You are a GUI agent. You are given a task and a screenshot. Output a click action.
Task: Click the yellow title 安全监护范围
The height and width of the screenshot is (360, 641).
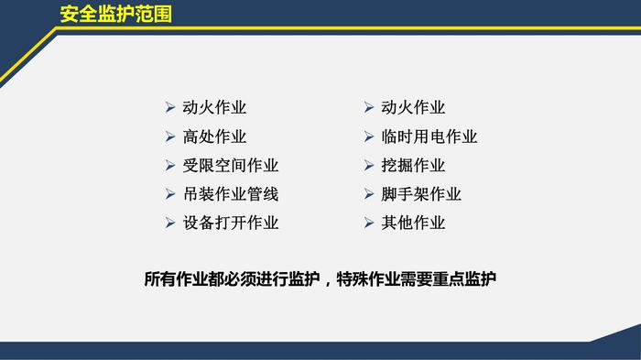point(115,14)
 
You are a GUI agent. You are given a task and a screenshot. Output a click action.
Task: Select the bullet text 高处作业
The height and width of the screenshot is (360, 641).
point(214,136)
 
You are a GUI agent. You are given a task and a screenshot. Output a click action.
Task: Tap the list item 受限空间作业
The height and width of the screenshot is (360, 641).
point(230,165)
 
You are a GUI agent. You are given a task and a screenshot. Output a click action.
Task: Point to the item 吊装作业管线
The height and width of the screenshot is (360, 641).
point(230,194)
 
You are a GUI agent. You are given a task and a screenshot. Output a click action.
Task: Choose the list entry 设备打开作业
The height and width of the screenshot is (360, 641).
point(230,223)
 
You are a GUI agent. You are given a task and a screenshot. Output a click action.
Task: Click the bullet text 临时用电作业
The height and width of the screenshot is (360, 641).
point(429,136)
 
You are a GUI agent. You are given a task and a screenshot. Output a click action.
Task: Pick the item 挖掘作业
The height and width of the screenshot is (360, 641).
point(413,165)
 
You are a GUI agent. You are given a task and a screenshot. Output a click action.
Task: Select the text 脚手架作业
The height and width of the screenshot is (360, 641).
point(421,194)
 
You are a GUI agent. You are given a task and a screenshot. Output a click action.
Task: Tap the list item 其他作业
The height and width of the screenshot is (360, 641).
point(413,223)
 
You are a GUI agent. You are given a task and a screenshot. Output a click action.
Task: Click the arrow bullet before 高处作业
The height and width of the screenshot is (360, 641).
point(170,136)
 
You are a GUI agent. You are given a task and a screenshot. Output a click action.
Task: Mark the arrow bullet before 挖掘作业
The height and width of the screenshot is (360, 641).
point(369,165)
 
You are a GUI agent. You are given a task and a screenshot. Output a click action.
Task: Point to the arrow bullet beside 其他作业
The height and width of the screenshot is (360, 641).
point(369,223)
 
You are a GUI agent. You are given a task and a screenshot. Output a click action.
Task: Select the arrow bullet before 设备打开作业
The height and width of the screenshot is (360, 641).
point(170,223)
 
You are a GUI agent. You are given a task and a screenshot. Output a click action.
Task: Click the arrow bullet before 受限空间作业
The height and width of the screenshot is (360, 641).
point(170,165)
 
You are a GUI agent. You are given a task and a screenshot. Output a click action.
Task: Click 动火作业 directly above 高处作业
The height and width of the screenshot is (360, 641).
point(214,107)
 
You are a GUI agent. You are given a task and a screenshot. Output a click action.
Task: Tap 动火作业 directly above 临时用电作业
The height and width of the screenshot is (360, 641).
point(413,107)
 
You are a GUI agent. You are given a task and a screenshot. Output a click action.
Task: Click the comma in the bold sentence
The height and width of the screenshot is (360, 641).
point(326,283)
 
